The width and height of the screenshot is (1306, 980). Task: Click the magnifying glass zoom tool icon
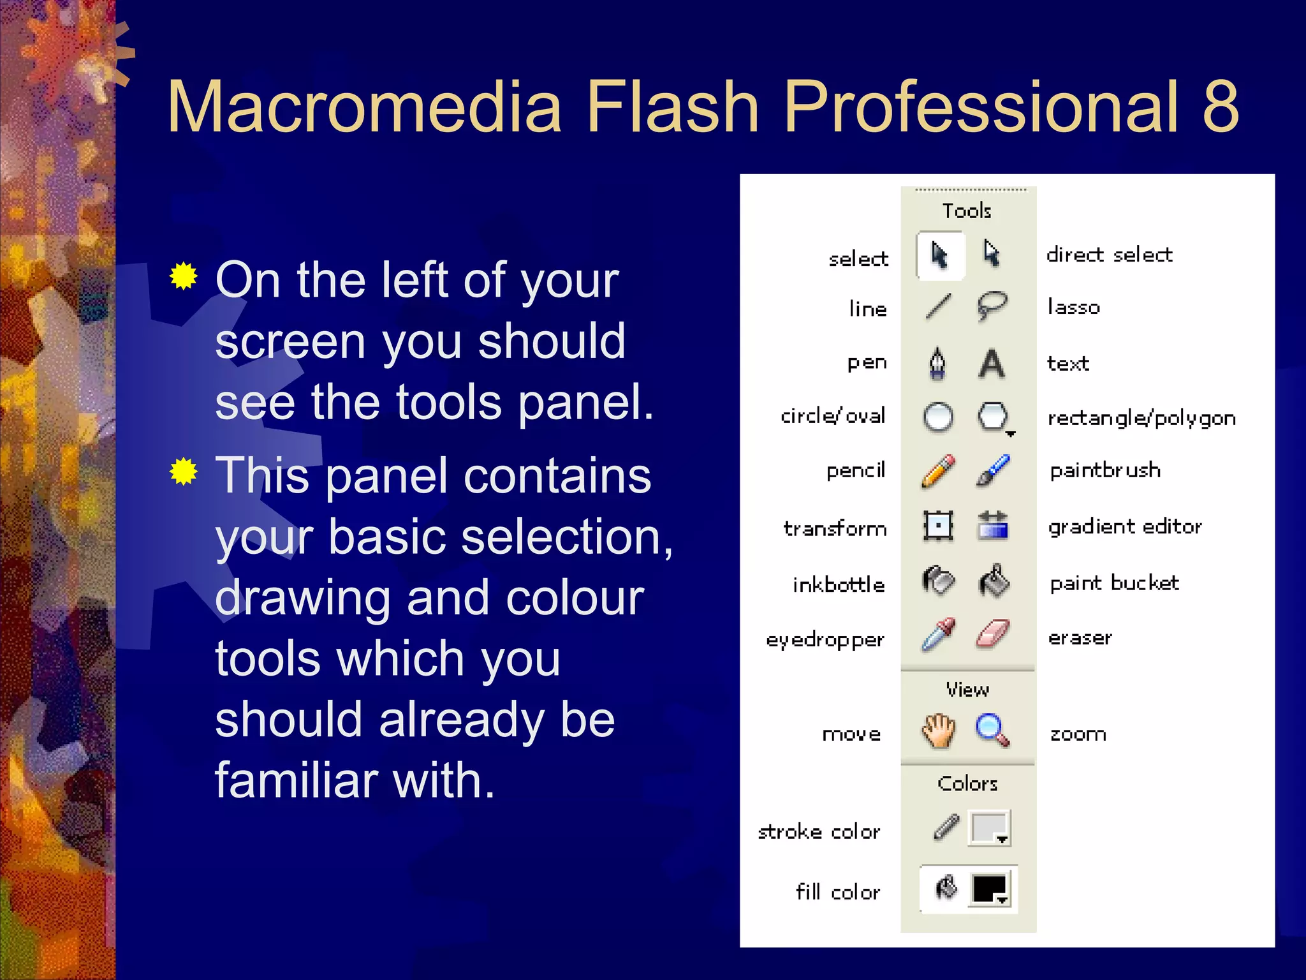[992, 730]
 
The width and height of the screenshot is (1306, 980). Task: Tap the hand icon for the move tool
[938, 731]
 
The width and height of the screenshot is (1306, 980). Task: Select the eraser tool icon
[993, 634]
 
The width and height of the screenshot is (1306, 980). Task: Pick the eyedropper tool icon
[938, 634]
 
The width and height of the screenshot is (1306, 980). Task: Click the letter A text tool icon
[992, 364]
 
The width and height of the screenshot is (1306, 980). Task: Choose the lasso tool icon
[992, 307]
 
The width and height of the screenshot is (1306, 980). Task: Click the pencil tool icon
[938, 471]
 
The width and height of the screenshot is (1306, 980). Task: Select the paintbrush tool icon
[993, 471]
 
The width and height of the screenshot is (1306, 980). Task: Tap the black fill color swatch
[989, 888]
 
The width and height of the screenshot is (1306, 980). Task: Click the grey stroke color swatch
[988, 828]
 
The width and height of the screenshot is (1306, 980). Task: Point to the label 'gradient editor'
[1125, 527]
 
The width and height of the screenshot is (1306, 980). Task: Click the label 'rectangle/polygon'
[1141, 418]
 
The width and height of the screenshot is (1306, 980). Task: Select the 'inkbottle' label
[839, 584]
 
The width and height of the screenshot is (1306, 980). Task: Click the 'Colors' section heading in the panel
[967, 783]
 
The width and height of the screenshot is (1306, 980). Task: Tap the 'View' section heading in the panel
[967, 690]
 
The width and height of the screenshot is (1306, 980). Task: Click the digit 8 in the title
[1221, 107]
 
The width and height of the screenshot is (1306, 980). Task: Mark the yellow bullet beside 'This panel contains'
[184, 471]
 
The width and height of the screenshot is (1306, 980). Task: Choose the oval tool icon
[938, 418]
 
